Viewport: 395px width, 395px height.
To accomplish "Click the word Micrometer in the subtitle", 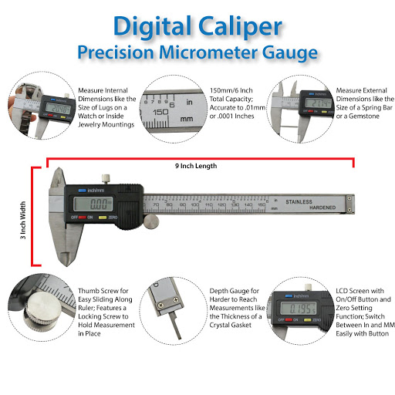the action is click(208, 52).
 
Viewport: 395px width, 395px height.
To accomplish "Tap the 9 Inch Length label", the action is click(196, 166).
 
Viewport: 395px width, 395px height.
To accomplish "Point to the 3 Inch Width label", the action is click(23, 220).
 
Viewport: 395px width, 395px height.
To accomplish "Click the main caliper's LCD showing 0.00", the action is click(93, 204).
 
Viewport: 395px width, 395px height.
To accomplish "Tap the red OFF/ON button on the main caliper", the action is click(83, 218).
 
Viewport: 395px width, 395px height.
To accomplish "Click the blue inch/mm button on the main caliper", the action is click(82, 191).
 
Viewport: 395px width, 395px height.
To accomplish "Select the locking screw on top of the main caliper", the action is click(106, 179).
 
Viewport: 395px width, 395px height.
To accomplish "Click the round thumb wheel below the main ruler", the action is click(151, 221).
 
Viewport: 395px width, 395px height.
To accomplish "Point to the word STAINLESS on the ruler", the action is click(299, 202).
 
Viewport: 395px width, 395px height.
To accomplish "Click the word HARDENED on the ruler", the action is click(322, 208).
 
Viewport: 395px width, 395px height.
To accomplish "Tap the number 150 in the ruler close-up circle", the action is click(160, 112).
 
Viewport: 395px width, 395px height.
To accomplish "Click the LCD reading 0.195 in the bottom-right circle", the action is click(299, 308).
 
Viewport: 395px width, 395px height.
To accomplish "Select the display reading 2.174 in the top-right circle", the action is click(318, 103).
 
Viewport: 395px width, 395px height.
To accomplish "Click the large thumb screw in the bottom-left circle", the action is click(43, 309).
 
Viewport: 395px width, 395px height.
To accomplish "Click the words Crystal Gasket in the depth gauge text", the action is click(231, 325).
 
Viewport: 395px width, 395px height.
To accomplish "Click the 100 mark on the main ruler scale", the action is click(195, 204).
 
